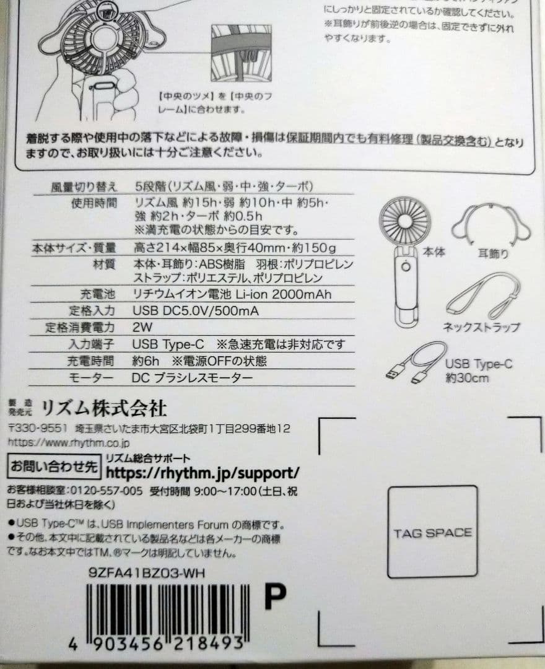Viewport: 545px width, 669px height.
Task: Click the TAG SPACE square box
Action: tap(432, 531)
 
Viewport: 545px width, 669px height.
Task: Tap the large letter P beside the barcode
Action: tap(274, 597)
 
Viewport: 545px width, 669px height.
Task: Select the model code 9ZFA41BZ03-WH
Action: tap(146, 573)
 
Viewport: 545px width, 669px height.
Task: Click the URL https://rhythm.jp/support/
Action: tap(203, 473)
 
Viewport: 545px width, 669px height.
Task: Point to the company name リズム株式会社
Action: tap(104, 408)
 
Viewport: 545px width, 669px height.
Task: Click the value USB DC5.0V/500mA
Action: tap(196, 310)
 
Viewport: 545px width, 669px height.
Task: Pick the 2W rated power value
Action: tap(142, 327)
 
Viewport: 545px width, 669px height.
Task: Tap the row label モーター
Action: tap(92, 378)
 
